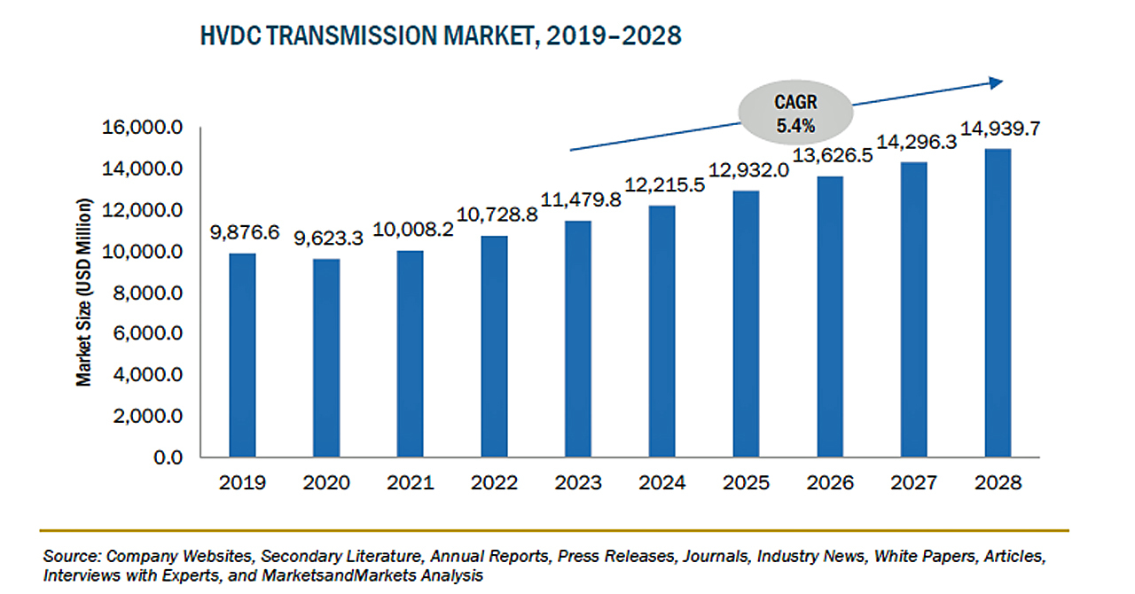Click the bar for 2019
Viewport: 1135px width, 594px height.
point(242,356)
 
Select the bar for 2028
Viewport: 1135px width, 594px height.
point(998,303)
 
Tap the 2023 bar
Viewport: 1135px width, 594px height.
point(578,339)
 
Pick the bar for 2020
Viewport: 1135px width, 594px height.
point(326,358)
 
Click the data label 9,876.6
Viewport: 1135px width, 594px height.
point(245,232)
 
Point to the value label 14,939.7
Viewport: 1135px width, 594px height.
point(1000,129)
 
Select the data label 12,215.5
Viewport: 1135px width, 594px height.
point(664,185)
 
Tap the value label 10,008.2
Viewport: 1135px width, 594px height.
point(413,230)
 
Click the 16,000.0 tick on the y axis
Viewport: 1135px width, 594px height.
point(143,127)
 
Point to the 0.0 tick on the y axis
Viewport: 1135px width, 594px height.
point(168,457)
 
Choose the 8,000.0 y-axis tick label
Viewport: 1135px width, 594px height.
point(147,293)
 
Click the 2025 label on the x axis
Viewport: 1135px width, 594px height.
point(746,482)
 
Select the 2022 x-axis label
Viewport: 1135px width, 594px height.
point(494,482)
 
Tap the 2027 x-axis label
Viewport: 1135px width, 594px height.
point(914,482)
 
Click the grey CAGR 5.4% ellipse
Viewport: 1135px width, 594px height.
point(795,113)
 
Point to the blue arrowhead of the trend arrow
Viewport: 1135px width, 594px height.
point(996,82)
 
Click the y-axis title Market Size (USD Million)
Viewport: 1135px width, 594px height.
point(84,292)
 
